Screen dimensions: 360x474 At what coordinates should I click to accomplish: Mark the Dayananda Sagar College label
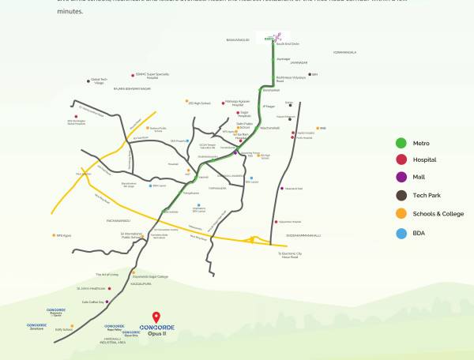151,277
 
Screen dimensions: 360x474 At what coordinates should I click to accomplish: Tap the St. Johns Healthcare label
92,288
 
